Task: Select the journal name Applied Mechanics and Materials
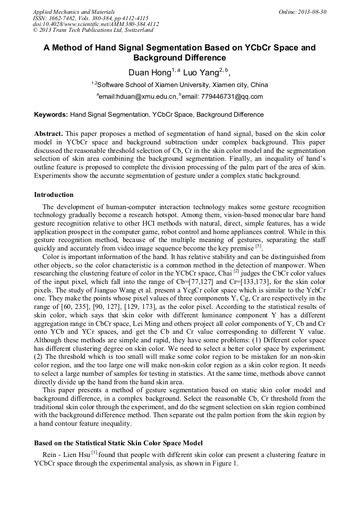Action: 74,12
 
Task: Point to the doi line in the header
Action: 96,24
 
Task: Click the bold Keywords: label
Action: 51,115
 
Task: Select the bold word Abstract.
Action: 49,133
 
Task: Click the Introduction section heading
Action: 54,195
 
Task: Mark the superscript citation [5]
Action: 258,246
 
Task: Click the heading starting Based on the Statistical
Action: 118,443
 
